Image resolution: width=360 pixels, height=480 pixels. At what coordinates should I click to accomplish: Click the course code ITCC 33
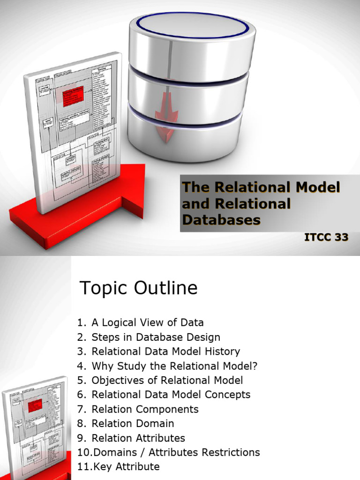326,237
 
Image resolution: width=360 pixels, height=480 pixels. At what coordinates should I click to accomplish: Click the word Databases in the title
221,219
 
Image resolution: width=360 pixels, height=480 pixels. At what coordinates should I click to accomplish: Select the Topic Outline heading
139,288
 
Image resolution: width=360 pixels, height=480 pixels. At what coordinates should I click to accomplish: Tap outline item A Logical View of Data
147,322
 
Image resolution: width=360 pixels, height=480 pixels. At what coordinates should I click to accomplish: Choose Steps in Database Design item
156,337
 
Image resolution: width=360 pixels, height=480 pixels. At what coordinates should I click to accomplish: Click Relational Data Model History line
165,352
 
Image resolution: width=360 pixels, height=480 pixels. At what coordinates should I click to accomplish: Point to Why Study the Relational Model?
175,366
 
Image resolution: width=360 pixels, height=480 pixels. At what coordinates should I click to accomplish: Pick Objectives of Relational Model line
167,380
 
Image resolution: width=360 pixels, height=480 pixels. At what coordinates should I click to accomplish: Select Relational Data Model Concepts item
171,395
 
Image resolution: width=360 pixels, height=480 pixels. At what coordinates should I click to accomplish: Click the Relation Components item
145,409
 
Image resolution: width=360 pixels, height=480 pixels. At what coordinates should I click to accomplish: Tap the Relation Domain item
133,424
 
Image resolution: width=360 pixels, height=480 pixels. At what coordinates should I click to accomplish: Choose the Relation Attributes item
138,438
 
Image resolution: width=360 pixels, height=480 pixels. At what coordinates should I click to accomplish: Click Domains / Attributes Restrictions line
176,452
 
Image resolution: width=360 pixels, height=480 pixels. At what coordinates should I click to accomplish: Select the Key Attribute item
126,467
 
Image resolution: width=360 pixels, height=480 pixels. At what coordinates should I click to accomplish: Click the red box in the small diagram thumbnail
35,405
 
